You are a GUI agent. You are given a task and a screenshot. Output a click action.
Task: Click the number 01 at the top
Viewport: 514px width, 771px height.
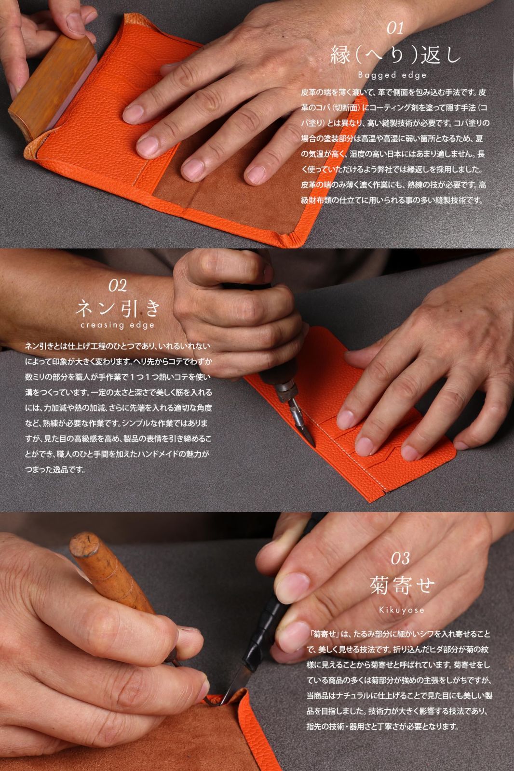(x=395, y=28)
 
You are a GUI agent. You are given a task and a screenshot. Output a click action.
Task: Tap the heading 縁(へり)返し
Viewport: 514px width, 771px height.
(x=395, y=55)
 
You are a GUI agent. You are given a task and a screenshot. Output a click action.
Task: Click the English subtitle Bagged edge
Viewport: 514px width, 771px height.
(x=392, y=75)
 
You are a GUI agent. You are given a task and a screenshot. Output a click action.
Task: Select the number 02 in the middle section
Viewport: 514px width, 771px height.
(x=118, y=285)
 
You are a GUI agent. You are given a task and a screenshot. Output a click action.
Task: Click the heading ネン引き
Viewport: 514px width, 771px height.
(x=118, y=307)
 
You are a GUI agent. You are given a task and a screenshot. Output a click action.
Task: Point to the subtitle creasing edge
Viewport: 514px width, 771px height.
(x=118, y=325)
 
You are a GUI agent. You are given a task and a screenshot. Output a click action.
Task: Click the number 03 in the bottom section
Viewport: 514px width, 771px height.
(x=400, y=558)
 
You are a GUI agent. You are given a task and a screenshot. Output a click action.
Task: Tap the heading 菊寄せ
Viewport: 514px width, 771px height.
(x=402, y=585)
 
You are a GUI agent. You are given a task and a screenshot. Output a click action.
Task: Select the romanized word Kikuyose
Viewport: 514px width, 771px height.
(x=402, y=610)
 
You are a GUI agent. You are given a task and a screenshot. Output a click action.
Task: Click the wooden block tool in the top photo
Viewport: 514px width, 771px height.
(x=52, y=87)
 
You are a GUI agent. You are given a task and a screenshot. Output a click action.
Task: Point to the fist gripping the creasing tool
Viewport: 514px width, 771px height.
(x=238, y=317)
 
